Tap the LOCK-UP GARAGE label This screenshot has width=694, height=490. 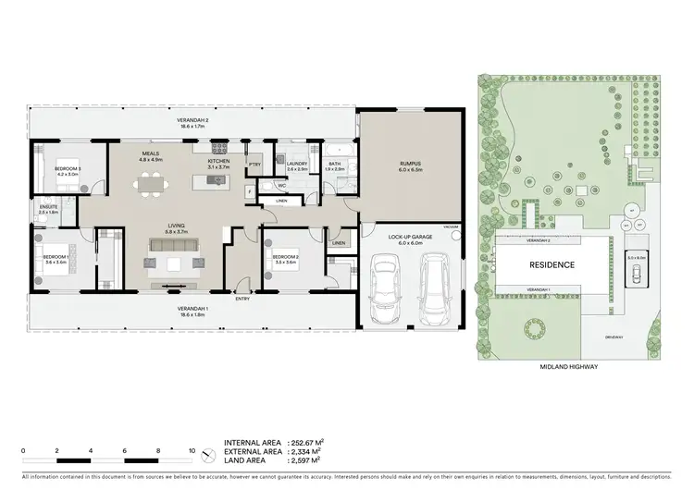coord(409,237)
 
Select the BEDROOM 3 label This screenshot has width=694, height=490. coord(67,168)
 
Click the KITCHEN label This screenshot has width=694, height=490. coord(218,160)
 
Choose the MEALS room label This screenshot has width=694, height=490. coord(151,154)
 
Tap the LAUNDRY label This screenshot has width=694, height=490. coord(298,165)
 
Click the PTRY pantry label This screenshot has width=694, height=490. coord(254,165)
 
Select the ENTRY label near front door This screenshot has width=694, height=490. coord(242,299)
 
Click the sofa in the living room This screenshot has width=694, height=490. coord(174,246)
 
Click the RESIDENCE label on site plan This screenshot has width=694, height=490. coord(551,264)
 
